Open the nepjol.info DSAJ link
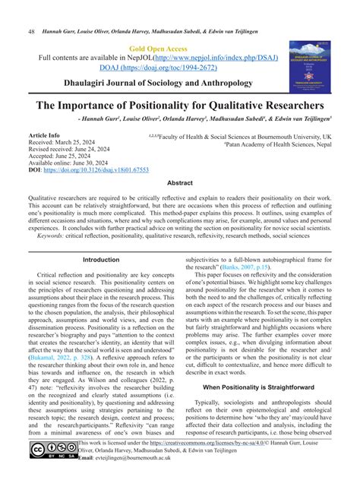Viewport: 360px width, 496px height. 214,59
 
